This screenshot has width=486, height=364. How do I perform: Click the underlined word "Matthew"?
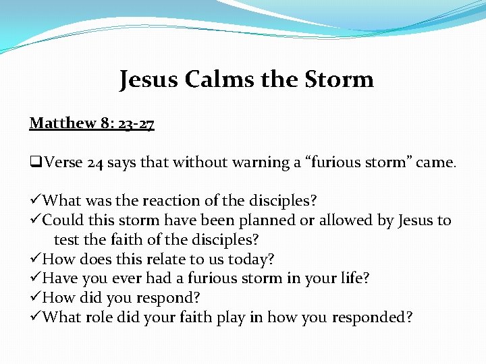pyautogui.click(x=60, y=123)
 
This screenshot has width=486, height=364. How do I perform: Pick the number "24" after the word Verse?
pyautogui.click(x=94, y=162)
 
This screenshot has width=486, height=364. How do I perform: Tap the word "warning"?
pyautogui.click(x=258, y=162)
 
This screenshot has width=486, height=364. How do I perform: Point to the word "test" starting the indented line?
pyautogui.click(x=65, y=240)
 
